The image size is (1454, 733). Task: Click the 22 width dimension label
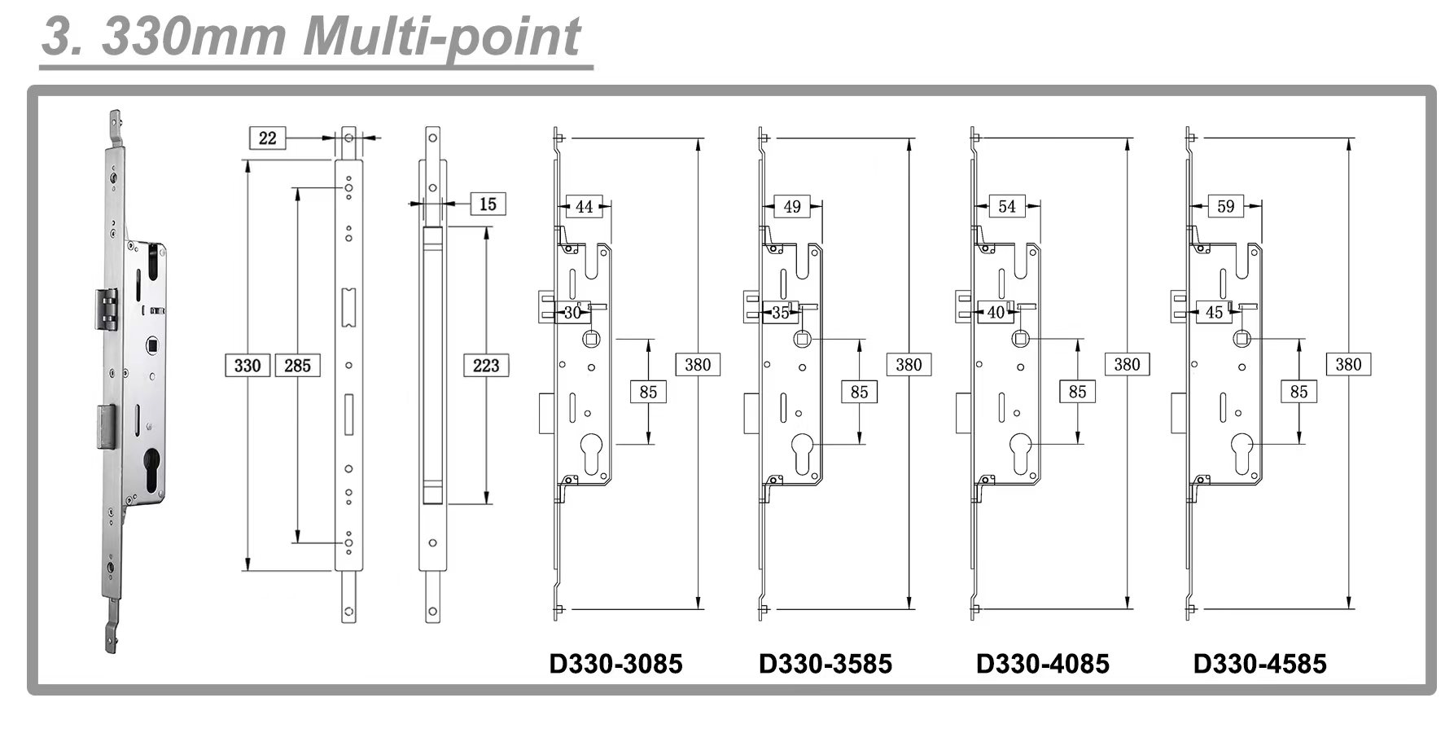(x=268, y=138)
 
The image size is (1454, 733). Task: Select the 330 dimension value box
(x=247, y=365)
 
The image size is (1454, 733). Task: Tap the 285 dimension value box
(x=297, y=365)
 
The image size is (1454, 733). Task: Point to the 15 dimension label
(x=488, y=204)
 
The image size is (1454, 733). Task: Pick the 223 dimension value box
(x=486, y=365)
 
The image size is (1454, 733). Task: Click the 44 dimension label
(x=585, y=207)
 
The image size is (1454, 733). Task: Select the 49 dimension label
(x=792, y=207)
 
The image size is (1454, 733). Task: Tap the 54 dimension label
(x=1007, y=206)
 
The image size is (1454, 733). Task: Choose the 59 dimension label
(x=1226, y=206)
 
